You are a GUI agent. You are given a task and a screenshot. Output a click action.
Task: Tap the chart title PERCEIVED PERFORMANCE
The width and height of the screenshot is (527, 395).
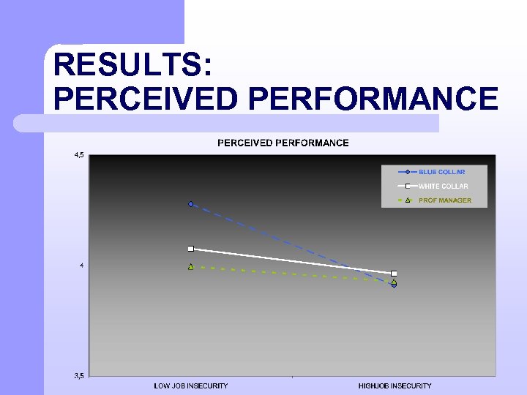coord(283,143)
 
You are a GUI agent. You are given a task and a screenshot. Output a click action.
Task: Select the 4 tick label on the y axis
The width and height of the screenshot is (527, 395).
coord(82,266)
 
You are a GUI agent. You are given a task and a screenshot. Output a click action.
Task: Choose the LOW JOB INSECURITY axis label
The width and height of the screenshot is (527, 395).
coord(190,385)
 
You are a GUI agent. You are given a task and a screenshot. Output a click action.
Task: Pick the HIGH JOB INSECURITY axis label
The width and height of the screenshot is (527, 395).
coord(395,385)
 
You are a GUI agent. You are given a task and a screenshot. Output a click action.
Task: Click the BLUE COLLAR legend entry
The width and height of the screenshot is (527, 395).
coord(441,172)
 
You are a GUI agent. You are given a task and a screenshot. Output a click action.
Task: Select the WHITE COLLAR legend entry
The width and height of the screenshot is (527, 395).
coord(443,187)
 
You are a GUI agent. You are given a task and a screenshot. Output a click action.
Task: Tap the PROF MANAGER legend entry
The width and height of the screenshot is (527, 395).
coord(445,200)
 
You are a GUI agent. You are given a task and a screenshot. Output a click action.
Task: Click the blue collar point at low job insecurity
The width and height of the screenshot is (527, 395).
coord(190,204)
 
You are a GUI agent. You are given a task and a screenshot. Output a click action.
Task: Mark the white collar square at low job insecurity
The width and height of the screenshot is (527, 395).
coord(190,249)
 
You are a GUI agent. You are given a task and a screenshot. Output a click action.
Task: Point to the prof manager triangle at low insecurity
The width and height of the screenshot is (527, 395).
coord(190,267)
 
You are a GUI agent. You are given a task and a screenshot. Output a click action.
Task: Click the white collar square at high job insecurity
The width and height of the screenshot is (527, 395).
coord(394,274)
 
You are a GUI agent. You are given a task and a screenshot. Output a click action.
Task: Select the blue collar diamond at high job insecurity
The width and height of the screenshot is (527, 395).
coord(394,285)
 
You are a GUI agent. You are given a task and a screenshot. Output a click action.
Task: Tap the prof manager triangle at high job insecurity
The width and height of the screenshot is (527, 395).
coord(394,282)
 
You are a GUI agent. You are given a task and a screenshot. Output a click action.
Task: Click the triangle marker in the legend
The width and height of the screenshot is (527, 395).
coord(407,200)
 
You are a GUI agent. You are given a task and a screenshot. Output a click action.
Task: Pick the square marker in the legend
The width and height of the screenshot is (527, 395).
coord(407,186)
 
